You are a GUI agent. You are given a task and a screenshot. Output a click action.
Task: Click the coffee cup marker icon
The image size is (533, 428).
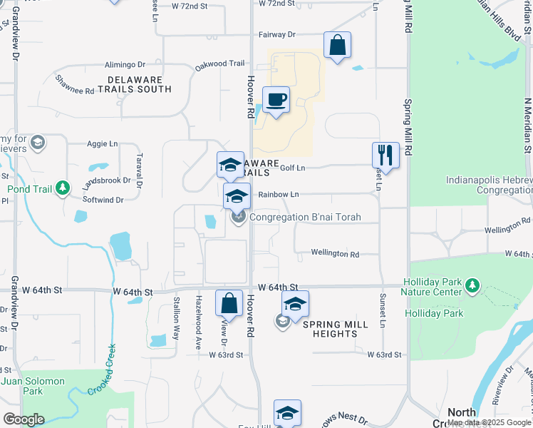click(276, 99)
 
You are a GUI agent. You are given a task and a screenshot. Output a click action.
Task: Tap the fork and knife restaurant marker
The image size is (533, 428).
click(385, 155)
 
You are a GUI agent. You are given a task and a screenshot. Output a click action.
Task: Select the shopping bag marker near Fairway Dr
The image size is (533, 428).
click(337, 45)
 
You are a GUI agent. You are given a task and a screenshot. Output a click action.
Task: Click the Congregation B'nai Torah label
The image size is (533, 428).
click(305, 217)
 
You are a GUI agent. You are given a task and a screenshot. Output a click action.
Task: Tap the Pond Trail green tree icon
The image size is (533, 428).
click(63, 188)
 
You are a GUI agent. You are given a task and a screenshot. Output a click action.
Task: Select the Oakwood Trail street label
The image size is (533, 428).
click(220, 63)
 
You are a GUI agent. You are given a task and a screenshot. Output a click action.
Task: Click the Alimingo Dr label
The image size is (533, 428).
click(125, 63)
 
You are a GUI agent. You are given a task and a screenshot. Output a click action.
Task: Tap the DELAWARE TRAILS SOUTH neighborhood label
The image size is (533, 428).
click(140, 84)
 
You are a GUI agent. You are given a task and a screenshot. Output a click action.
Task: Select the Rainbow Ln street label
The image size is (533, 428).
click(278, 194)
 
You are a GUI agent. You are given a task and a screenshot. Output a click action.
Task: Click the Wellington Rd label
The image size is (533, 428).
click(334, 253)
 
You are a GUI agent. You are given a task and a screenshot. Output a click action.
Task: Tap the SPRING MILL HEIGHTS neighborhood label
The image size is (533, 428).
click(336, 329)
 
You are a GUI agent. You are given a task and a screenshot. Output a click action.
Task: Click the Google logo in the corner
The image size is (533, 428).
click(24, 419)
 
